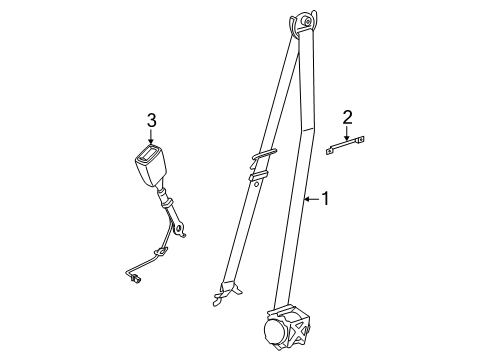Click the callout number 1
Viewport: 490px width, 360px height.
[x=325, y=199]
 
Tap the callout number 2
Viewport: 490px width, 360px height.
[x=347, y=118]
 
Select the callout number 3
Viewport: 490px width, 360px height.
[x=152, y=120]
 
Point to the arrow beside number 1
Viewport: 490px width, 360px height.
[x=311, y=199]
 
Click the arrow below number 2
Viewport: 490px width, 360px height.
[x=347, y=133]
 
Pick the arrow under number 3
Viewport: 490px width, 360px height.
[x=151, y=137]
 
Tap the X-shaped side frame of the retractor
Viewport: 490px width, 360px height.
[x=300, y=328]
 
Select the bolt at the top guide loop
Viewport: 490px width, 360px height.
[x=307, y=22]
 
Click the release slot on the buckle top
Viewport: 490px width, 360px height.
[x=149, y=153]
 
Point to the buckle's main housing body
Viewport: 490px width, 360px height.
[x=151, y=166]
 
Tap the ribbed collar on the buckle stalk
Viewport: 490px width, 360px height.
[x=165, y=198]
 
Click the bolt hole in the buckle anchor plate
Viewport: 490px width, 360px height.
[x=179, y=228]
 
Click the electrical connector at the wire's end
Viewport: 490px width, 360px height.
[x=135, y=278]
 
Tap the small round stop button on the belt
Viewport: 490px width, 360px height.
[x=256, y=184]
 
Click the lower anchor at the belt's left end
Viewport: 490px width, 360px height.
[x=226, y=292]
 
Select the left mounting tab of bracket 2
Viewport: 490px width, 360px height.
[x=330, y=150]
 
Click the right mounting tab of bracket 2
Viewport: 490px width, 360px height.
[x=360, y=140]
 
